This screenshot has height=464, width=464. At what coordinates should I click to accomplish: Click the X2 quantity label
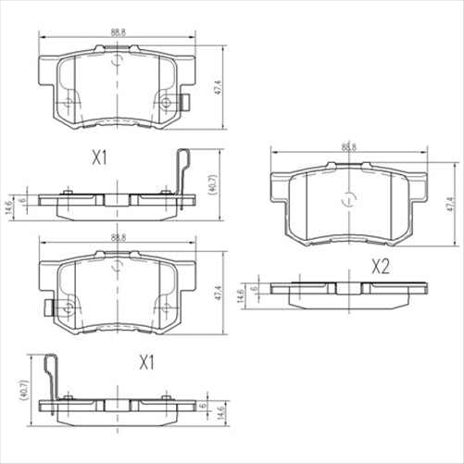[x=380, y=268]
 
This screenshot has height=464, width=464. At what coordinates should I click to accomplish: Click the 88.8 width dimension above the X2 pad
[x=348, y=146]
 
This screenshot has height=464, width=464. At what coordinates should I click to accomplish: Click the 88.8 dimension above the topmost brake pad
[x=117, y=32]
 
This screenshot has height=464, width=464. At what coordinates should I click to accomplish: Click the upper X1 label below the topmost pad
[x=101, y=159]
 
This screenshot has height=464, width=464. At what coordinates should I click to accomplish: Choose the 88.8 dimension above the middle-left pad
[x=117, y=238]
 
